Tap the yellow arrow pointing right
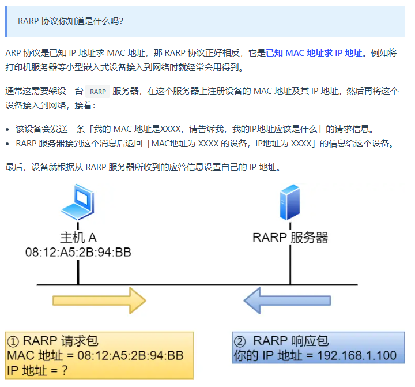(99, 301)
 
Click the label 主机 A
(78, 237)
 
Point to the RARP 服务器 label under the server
(290, 237)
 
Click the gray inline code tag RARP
(97, 91)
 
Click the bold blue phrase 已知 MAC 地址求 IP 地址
(315, 53)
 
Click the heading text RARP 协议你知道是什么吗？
(70, 21)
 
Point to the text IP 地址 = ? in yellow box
(37, 370)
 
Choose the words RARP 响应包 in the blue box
(291, 341)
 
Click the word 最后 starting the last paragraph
(13, 167)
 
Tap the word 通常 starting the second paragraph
(13, 91)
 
